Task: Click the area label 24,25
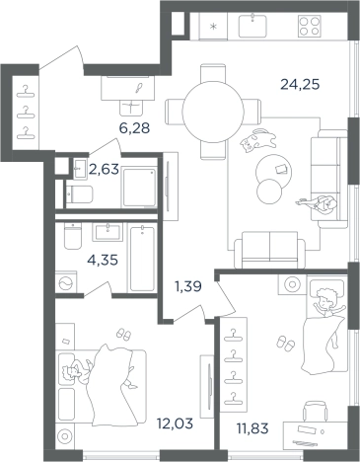(x=300, y=85)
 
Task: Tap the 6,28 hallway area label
(x=134, y=128)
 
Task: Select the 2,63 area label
(x=104, y=170)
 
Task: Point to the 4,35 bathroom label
(x=103, y=261)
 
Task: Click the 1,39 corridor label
(x=188, y=286)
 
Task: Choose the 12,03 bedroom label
(x=175, y=423)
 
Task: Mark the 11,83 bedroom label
(x=252, y=428)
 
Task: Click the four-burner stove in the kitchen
(x=309, y=26)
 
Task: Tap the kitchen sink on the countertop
(x=252, y=26)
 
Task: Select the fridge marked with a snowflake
(x=213, y=27)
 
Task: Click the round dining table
(x=213, y=112)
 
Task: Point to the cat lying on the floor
(x=258, y=140)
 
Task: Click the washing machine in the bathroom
(x=66, y=282)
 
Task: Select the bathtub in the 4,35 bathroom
(x=142, y=259)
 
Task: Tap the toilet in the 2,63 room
(x=79, y=194)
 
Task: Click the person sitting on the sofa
(x=319, y=205)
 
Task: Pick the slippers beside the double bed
(x=123, y=334)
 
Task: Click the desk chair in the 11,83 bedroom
(x=315, y=412)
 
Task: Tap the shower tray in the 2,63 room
(x=139, y=187)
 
